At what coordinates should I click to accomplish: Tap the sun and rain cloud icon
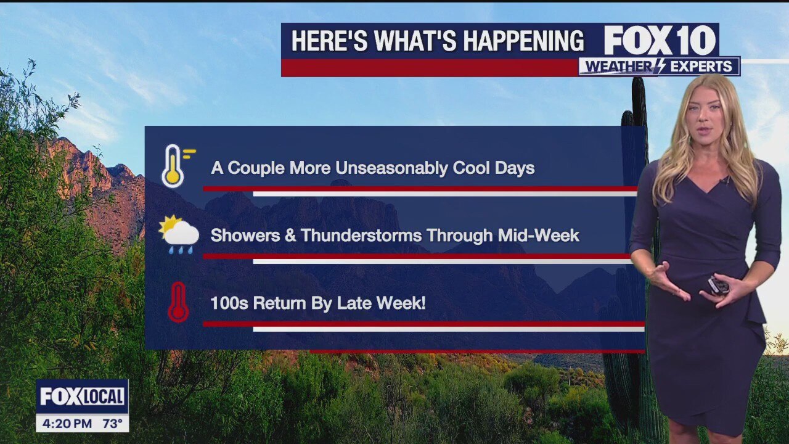pos(179,234)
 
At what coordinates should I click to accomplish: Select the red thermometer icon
pos(178,302)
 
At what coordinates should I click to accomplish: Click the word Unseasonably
pos(391,168)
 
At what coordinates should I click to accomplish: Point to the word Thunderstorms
pos(361,236)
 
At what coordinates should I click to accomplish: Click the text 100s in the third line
pos(229,303)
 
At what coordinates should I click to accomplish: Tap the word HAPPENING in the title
pos(523,41)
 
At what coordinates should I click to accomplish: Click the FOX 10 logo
pos(660,40)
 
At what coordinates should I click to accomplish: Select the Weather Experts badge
pos(660,66)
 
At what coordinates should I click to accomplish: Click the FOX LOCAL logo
pos(82,397)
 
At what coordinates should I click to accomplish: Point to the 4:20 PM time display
pos(67,423)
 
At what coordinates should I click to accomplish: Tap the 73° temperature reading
pos(112,423)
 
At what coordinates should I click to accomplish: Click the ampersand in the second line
pos(290,236)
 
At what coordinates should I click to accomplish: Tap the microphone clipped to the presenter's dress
pos(726,181)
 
